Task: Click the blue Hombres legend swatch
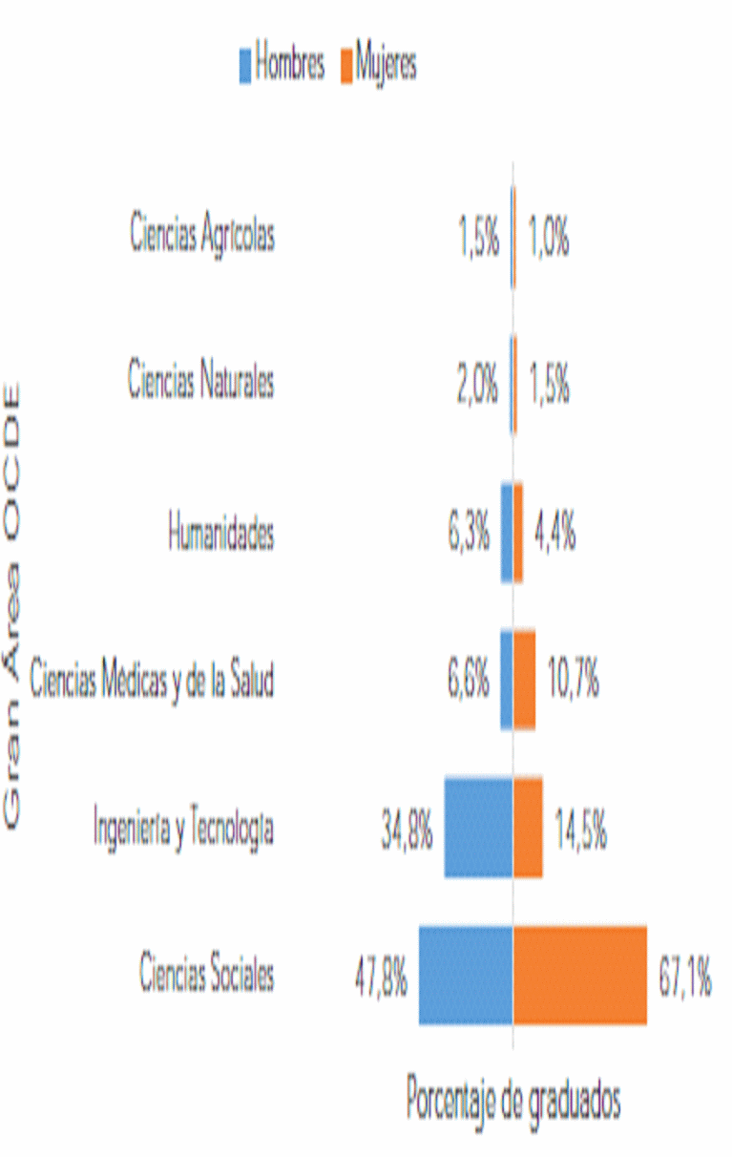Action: pos(245,66)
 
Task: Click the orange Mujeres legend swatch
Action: pos(345,66)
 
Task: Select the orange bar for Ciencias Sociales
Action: pos(580,975)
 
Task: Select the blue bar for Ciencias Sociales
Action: pos(466,975)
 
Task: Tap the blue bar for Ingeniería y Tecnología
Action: pos(478,828)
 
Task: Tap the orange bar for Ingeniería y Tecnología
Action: pos(528,828)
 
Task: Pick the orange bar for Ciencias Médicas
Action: pos(524,680)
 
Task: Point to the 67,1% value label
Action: pos(684,980)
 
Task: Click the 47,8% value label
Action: pos(382,980)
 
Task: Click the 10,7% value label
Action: pos(573,682)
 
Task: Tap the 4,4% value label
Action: pos(554,534)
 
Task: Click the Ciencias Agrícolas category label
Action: pos(202,235)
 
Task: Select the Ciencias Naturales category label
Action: pos(201,382)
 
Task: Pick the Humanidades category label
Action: pos(220,533)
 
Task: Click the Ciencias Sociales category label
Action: pos(207,974)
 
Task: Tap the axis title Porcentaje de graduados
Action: pos(513,1100)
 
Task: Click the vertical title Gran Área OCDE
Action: pos(13,605)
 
